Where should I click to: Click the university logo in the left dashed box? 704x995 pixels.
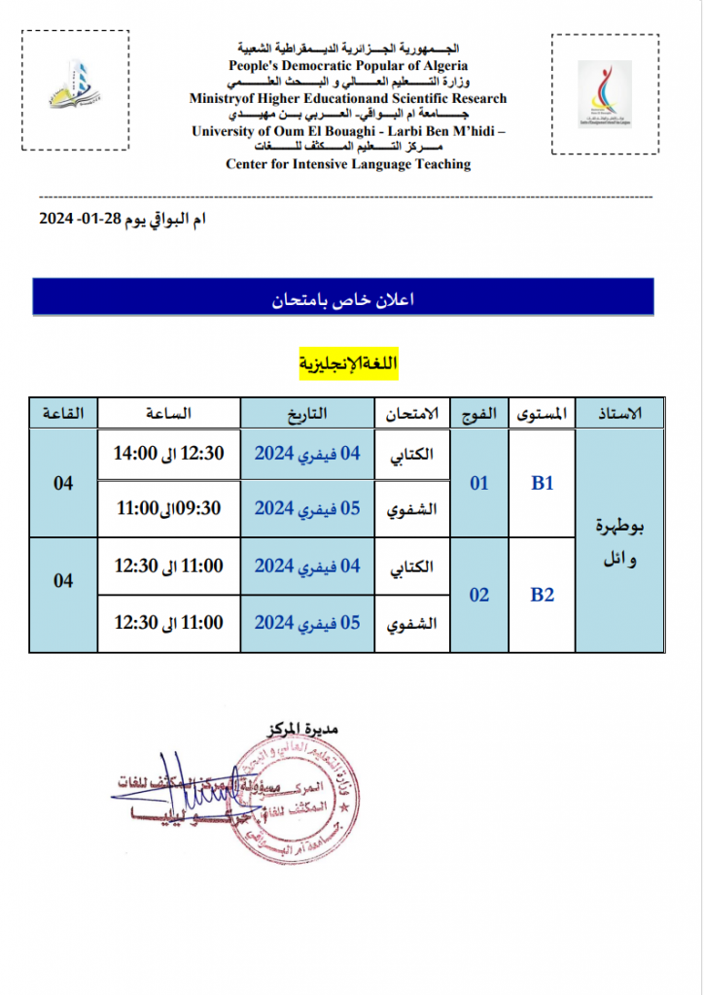tap(75, 88)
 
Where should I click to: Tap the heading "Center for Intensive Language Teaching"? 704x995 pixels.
tap(348, 164)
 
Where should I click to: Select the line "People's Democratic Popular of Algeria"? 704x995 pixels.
tap(348, 65)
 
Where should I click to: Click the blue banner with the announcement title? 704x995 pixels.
tap(343, 298)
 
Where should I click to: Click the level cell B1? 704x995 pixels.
tap(542, 483)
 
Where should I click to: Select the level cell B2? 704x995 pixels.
tap(542, 595)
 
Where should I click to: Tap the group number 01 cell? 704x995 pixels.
tap(479, 483)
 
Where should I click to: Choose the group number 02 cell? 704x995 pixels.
tap(479, 595)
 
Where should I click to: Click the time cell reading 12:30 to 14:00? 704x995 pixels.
tap(169, 453)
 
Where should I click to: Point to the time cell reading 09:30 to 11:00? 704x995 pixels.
tap(169, 507)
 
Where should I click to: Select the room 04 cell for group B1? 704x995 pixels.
tap(63, 483)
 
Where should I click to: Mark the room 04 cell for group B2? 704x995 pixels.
tap(63, 580)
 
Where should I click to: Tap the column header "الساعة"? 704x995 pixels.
tap(169, 413)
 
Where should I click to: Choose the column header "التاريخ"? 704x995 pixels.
tap(306, 413)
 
